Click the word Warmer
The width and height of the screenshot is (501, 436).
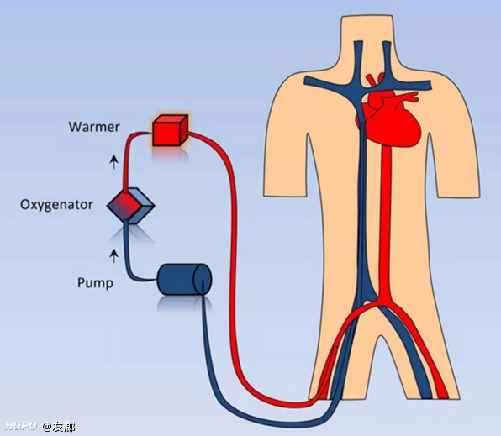(94, 127)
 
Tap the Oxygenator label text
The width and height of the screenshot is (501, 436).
(56, 205)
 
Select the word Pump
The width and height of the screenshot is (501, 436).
(95, 283)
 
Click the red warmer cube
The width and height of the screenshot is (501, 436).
(170, 131)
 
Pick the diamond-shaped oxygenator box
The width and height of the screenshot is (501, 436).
(130, 206)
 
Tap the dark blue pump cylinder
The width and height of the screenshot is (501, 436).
(184, 279)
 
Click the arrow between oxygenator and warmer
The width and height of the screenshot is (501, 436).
(114, 161)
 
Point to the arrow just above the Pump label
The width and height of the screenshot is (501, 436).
(114, 256)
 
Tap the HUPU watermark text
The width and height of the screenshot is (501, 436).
(21, 426)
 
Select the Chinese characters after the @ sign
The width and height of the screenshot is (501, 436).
(64, 427)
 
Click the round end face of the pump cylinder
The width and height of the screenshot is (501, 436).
(203, 279)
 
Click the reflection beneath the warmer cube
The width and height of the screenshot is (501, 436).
(170, 154)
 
